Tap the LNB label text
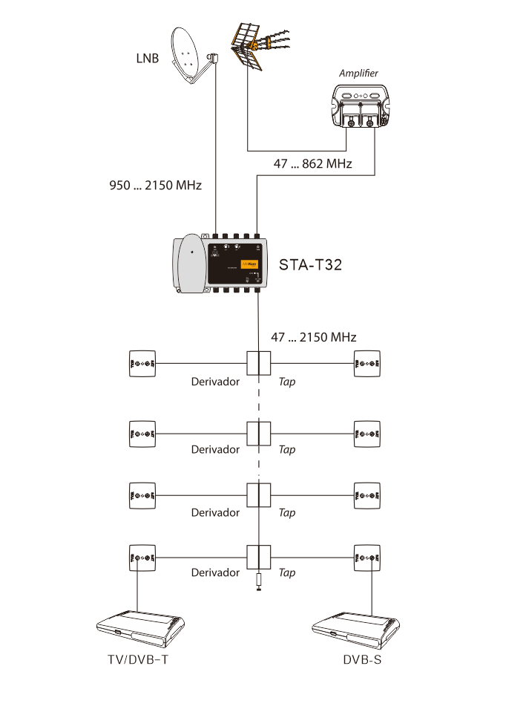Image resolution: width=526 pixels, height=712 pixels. coord(147,58)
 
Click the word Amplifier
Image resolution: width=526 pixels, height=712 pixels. coord(359,73)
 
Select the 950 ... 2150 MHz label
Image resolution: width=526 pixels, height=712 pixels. coord(156,184)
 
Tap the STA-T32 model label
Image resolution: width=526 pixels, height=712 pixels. coord(310,265)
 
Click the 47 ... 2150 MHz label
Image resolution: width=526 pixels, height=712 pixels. coord(314,337)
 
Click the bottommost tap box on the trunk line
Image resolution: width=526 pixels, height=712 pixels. coord(258,556)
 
